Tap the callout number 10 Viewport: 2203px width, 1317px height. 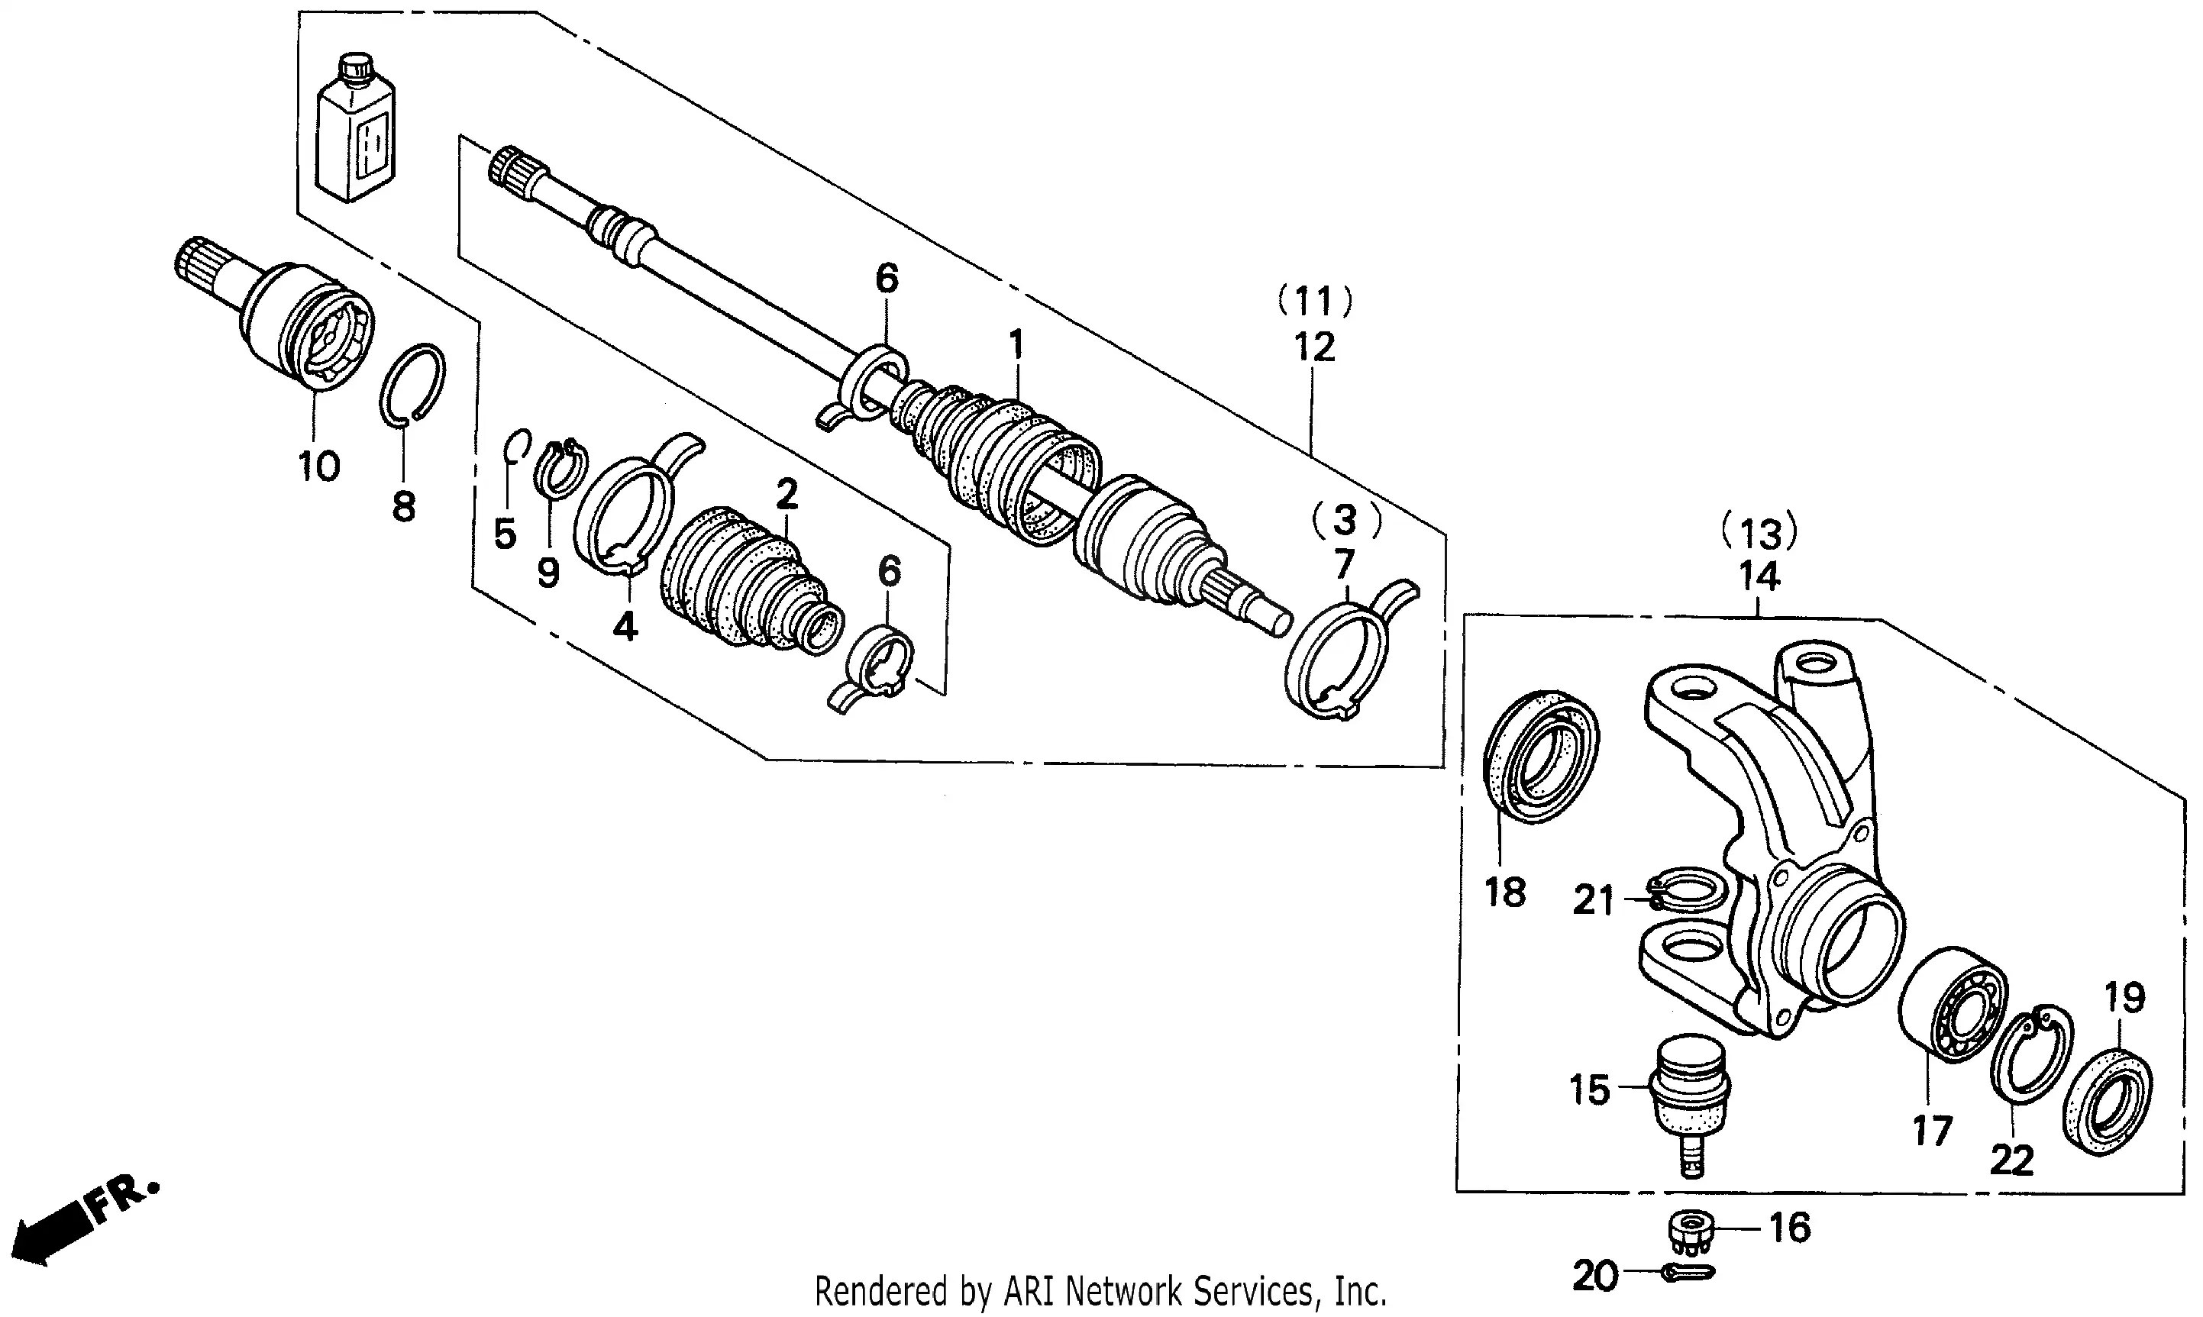pos(318,466)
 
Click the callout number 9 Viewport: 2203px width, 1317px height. pos(548,573)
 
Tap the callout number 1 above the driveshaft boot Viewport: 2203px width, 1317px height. pos(1016,344)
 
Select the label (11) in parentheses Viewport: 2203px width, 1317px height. pos(1314,302)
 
